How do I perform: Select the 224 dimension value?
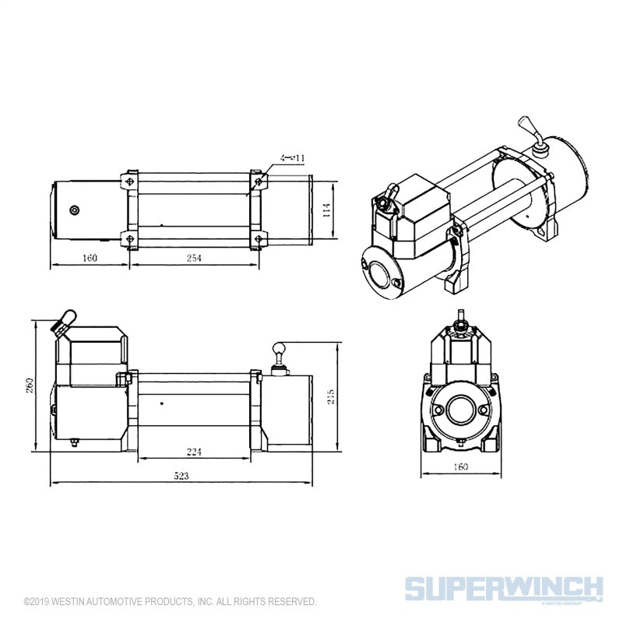pos(195,451)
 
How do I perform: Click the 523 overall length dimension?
pos(181,475)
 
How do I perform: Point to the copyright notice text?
pos(170,602)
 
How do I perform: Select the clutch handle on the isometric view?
pos(526,128)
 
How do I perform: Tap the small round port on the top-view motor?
pos(75,209)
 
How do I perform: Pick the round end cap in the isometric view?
pos(382,273)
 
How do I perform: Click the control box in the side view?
pos(97,354)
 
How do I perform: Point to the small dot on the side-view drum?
pos(161,403)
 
